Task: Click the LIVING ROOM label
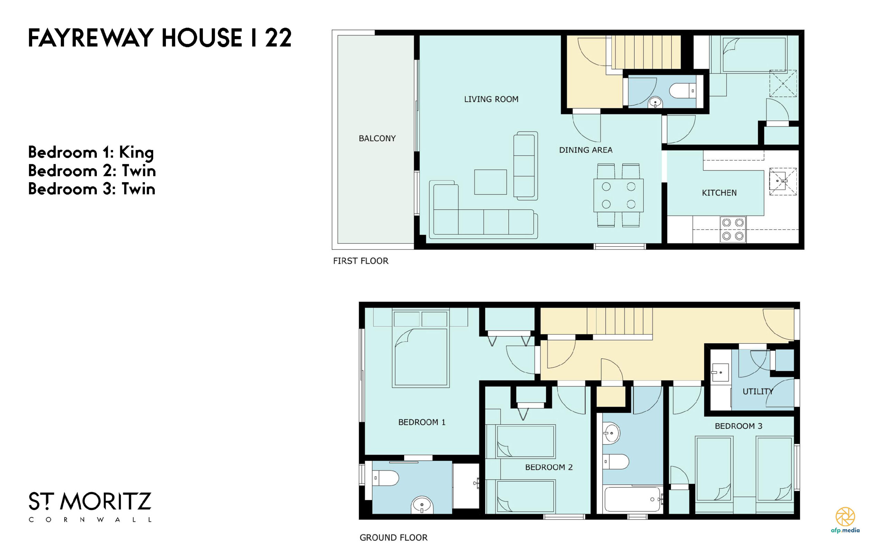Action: (491, 99)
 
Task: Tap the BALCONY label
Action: (377, 138)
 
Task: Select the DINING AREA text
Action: (586, 150)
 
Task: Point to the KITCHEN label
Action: (719, 193)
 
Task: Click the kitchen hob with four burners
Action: (733, 229)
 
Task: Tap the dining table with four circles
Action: (618, 196)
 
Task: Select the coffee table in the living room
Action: (491, 182)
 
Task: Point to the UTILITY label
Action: (758, 391)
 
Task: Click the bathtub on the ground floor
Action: (633, 499)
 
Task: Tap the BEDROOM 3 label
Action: (738, 426)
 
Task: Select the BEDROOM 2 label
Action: (549, 467)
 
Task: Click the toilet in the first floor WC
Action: (682, 91)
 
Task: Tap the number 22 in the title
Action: (279, 38)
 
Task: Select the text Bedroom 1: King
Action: (91, 153)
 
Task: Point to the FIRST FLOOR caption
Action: (361, 261)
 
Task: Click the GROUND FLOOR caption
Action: (393, 538)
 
